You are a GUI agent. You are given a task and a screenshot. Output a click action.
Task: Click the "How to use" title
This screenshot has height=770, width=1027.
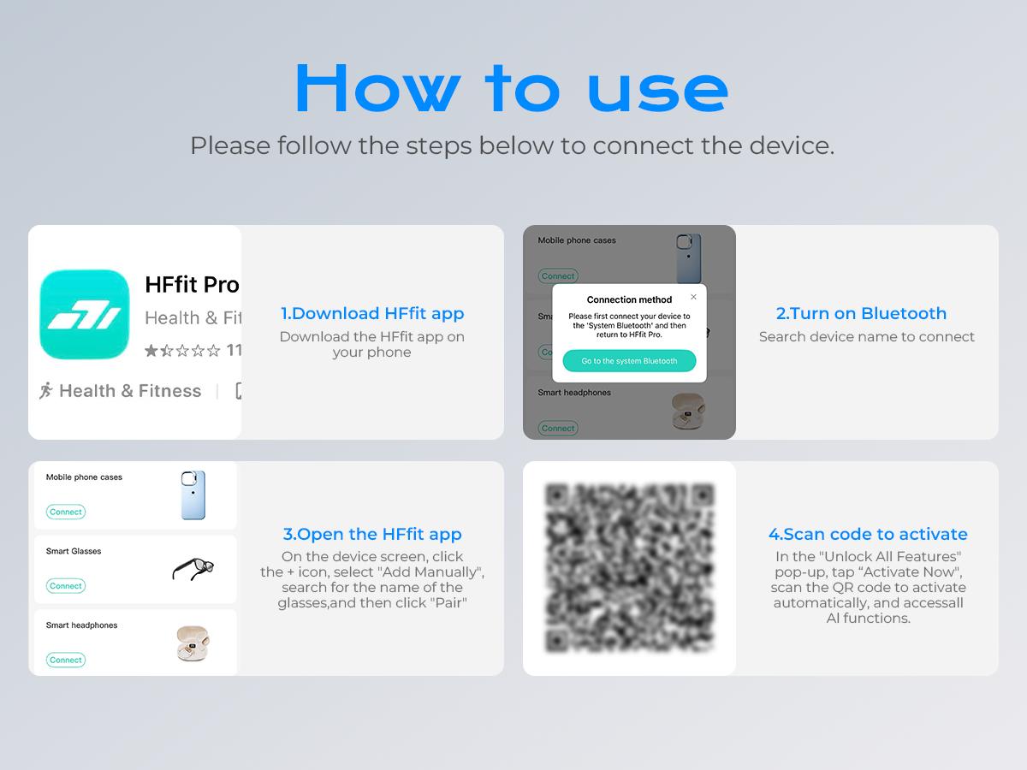click(512, 88)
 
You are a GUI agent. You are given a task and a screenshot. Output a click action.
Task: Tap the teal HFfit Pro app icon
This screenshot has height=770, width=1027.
click(85, 314)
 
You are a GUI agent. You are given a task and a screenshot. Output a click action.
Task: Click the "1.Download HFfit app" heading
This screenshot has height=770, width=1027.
click(372, 313)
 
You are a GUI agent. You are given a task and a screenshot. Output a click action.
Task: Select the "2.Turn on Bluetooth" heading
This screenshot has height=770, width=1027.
click(861, 313)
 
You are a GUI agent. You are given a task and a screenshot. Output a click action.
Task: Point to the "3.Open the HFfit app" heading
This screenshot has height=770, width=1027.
click(372, 534)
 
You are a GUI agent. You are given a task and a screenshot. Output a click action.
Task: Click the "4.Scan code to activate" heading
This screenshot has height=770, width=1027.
click(868, 534)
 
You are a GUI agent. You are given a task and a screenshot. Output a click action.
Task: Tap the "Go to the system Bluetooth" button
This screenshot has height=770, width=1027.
click(629, 361)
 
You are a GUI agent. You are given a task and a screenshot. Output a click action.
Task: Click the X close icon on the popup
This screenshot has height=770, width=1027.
click(693, 297)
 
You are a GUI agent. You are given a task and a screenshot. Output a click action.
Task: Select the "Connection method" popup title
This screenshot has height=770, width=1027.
click(629, 299)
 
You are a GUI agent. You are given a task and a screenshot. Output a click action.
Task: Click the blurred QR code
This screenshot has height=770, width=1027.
click(630, 568)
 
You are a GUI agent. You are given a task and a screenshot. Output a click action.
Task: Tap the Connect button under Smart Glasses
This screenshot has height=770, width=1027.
click(66, 586)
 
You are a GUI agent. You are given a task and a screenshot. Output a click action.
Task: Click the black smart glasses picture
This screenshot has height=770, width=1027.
click(193, 568)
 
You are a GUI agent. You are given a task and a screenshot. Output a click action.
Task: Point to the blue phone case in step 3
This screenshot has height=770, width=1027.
click(193, 495)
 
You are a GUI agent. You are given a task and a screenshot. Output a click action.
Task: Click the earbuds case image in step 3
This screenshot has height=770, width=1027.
click(193, 643)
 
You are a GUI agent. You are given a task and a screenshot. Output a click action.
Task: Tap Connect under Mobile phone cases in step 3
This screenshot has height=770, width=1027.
click(66, 512)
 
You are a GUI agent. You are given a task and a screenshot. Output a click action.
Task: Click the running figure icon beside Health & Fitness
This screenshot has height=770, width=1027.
click(46, 390)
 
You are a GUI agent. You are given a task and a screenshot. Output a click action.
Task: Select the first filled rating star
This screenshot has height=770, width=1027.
click(151, 350)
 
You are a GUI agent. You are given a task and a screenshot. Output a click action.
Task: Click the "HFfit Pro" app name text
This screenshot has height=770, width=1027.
click(192, 285)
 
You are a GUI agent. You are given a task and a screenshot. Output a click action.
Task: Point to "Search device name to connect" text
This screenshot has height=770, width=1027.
click(866, 336)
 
